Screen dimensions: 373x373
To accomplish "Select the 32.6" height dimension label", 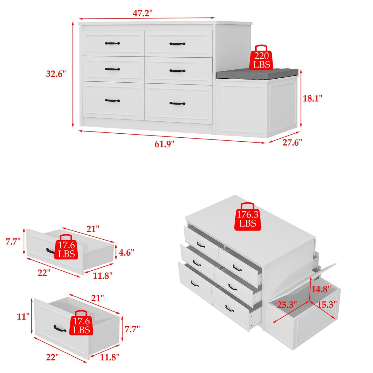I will pos(56,74).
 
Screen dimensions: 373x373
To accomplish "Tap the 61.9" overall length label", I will pos(164,144).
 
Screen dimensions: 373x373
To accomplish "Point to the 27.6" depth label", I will pos(292,142).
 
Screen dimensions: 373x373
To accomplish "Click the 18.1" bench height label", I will pos(312,98).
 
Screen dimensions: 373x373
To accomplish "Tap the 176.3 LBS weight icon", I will pos(248,217).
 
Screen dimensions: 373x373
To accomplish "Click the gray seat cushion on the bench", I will pos(257,73).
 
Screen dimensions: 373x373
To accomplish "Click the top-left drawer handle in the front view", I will pos(112,43).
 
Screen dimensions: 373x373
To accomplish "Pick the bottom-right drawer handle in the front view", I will pos(177,104).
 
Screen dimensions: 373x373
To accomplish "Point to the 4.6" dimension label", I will pos(126,253).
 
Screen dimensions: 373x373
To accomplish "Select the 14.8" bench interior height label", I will pos(321,289).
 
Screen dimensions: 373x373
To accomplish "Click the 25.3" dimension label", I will pos(287,305).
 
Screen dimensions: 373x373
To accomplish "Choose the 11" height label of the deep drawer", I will pos(23,316).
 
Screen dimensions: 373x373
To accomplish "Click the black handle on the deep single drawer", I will pos(60,328).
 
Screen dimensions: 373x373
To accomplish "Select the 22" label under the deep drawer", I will pos(52,357).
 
